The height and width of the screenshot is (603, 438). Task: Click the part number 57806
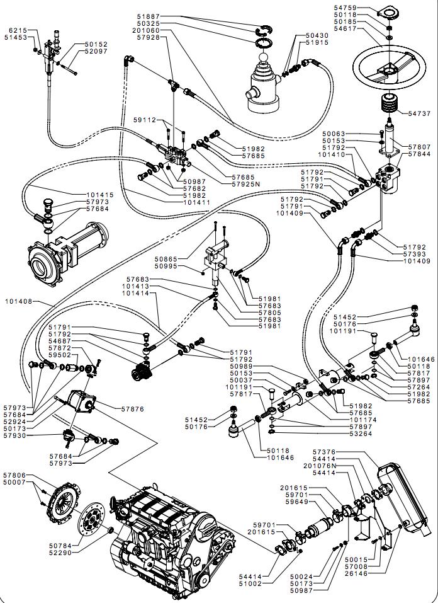tap(14, 475)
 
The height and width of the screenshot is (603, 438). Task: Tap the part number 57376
tap(323, 452)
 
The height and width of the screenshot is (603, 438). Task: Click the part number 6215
tap(17, 30)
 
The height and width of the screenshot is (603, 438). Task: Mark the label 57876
tap(133, 409)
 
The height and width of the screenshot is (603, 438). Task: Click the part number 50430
tap(317, 35)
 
